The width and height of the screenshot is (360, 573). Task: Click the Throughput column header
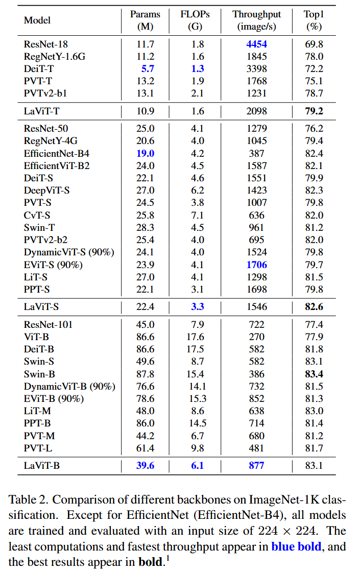coord(257,14)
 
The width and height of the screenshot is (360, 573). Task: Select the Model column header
coord(37,20)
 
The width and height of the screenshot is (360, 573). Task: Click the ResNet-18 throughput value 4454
coord(257,44)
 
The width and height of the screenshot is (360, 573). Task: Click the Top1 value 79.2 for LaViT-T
coord(314,110)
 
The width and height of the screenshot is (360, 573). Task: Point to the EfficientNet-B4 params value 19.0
coord(146,153)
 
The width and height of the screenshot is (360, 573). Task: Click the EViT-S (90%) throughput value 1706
coord(257,265)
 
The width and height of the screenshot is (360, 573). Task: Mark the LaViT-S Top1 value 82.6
coord(314,307)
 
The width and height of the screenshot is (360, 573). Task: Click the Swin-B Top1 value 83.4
coord(314,374)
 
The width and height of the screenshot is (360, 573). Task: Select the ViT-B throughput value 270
coord(257,337)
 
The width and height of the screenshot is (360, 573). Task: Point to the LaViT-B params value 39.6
coord(146,465)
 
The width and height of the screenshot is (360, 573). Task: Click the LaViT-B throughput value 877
coord(257,465)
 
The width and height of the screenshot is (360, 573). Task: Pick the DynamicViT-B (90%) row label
coord(69,387)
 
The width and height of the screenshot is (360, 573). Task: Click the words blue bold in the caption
coord(296,547)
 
